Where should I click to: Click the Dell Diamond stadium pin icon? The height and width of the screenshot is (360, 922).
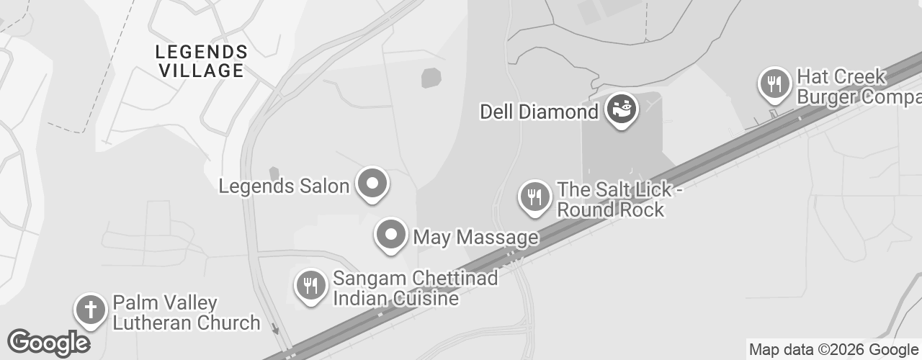point(622,109)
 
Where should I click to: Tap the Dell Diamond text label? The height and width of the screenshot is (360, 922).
point(540,112)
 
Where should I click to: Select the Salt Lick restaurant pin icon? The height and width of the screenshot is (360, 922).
point(534,196)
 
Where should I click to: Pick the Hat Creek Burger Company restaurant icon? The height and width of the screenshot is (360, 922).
point(775,84)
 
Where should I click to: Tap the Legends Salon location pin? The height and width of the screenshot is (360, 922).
point(373,183)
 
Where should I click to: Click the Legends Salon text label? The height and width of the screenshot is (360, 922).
point(284,186)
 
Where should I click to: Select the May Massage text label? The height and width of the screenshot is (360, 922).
point(475,237)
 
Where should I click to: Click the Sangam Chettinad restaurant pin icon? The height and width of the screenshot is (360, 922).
point(311,286)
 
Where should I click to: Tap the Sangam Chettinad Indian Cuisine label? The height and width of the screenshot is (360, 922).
point(415,288)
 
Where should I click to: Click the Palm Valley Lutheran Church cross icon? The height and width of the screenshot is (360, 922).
point(91,310)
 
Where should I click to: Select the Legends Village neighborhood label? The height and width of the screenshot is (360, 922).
point(202,61)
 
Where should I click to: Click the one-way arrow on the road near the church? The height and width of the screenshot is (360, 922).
point(276,329)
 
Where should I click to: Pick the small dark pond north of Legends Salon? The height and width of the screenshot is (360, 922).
point(431,77)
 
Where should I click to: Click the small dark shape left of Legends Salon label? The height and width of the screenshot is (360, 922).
point(274,174)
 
